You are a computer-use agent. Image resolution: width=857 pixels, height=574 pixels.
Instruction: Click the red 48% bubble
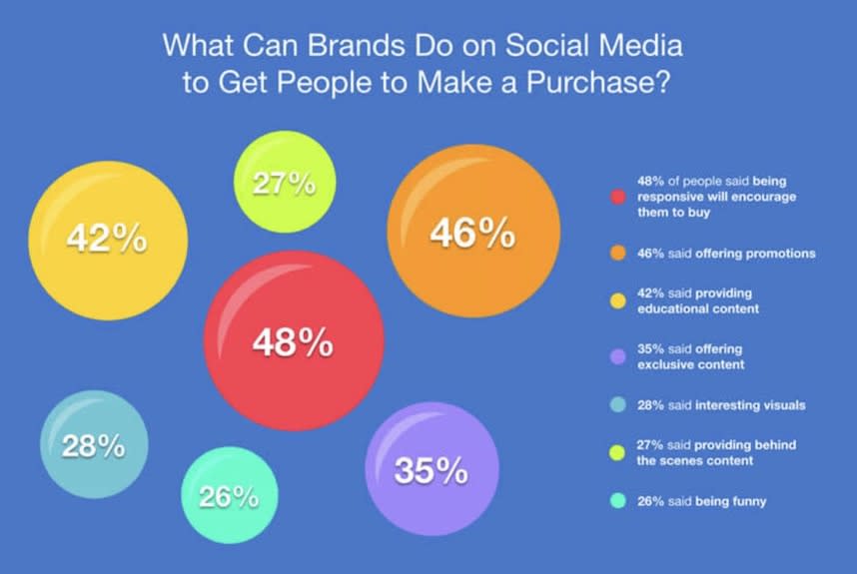[294, 340]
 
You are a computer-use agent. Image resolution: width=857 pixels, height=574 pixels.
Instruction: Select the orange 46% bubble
[473, 231]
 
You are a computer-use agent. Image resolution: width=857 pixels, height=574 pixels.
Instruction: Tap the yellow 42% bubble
[108, 241]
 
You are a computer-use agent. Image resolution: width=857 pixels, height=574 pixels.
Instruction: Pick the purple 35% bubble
[431, 468]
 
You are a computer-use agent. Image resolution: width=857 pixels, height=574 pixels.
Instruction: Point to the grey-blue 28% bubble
[94, 444]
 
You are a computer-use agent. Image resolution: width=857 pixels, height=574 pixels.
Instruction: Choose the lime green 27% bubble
[285, 182]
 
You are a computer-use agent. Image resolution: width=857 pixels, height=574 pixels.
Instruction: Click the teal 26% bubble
[230, 495]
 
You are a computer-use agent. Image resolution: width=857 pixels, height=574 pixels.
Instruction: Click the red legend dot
[617, 197]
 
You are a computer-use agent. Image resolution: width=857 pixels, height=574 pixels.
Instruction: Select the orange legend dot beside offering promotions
[617, 254]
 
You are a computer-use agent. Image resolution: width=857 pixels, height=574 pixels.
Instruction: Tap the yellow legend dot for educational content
[617, 300]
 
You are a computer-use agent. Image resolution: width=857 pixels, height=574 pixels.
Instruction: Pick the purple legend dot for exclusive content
[617, 356]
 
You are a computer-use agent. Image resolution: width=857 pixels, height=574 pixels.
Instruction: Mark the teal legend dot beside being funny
[617, 501]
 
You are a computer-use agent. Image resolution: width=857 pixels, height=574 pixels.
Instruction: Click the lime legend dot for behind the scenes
[617, 453]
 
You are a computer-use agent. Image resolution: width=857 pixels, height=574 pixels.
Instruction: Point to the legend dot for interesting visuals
[617, 404]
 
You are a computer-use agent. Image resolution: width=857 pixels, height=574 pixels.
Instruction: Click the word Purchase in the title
[598, 83]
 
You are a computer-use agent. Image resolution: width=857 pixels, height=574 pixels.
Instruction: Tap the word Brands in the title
[356, 45]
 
